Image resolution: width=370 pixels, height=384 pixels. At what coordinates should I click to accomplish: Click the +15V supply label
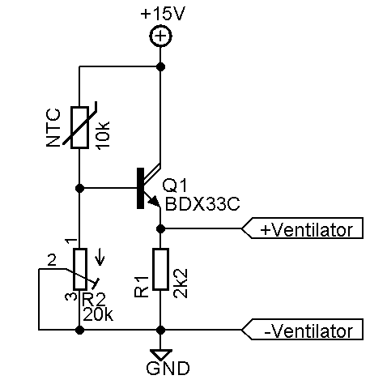pos(162,14)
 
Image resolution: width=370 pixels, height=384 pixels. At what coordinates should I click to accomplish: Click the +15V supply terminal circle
pos(161,36)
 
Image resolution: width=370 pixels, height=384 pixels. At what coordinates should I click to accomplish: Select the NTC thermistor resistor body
pos(79,128)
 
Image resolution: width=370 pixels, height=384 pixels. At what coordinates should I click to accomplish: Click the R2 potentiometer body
pos(79,270)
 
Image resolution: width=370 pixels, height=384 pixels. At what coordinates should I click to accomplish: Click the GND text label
pos(162,369)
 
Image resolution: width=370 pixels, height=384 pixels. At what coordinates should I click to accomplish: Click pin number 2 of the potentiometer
pos(52,261)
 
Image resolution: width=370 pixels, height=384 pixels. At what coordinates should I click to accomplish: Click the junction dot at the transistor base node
pos(79,188)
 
